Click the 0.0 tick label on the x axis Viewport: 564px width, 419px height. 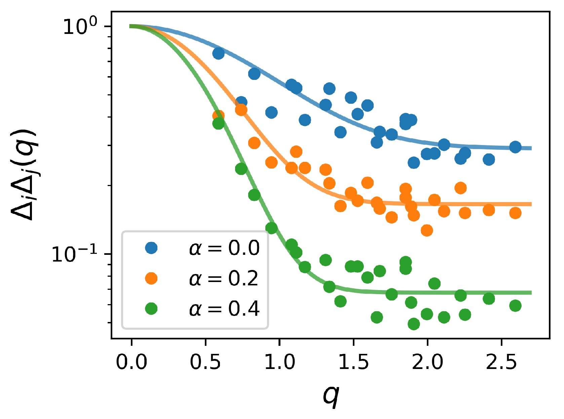point(131,362)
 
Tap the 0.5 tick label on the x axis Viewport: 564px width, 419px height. point(205,362)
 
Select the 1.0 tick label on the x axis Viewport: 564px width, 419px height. point(279,362)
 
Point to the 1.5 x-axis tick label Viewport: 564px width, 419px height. point(353,362)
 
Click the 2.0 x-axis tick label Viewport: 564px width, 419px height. point(427,362)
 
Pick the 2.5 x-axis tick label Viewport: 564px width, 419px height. point(501,362)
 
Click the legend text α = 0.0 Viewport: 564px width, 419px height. point(224,248)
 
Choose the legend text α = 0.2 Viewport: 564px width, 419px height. point(224,278)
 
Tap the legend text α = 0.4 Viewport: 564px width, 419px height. point(224,309)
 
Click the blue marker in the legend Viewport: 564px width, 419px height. point(151,248)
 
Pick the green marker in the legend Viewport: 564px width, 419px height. point(151,308)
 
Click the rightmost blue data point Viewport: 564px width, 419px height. point(515,147)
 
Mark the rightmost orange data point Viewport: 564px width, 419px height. point(515,213)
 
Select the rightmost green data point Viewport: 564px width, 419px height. point(515,306)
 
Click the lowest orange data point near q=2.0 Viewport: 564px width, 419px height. point(427,230)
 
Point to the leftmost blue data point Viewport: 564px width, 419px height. point(219,53)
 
